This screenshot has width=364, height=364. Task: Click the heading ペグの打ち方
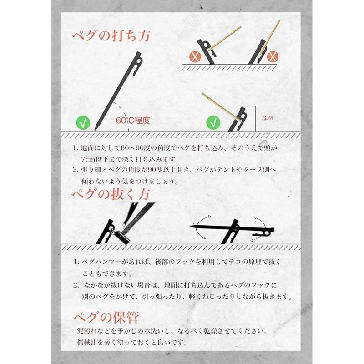tap(111, 36)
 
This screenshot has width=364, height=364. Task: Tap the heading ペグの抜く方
tap(111, 194)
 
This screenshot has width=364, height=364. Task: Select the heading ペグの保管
tap(106, 317)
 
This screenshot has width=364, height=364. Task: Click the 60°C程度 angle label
tap(133, 121)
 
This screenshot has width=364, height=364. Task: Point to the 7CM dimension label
tap(267, 118)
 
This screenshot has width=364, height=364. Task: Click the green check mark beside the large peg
tap(83, 123)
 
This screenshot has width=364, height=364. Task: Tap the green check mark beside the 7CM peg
tap(213, 122)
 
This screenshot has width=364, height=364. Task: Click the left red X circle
tap(195, 56)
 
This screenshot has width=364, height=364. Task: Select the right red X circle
tap(273, 56)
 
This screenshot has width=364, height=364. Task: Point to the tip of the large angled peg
tap(95, 130)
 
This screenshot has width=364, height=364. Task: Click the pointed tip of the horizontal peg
tap(191, 226)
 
